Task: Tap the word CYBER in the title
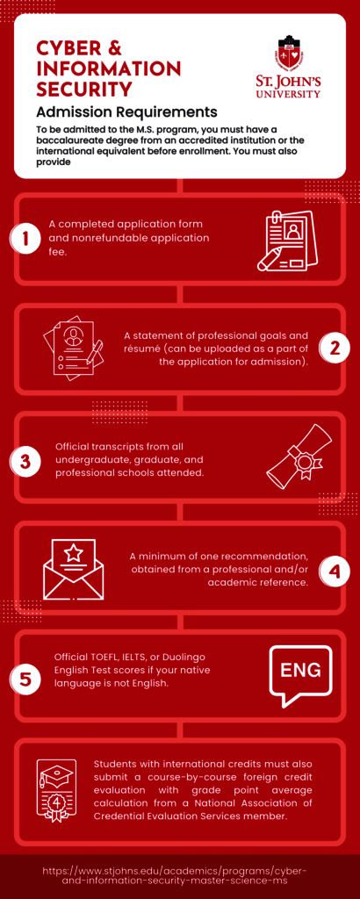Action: (x=68, y=47)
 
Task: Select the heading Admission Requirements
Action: (x=126, y=110)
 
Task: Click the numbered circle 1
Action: (x=25, y=239)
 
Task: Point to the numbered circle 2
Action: (x=335, y=349)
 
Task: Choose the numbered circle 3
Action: (x=25, y=460)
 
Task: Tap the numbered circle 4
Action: (x=335, y=571)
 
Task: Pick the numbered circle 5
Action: (x=25, y=679)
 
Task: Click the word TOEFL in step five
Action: (x=105, y=656)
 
